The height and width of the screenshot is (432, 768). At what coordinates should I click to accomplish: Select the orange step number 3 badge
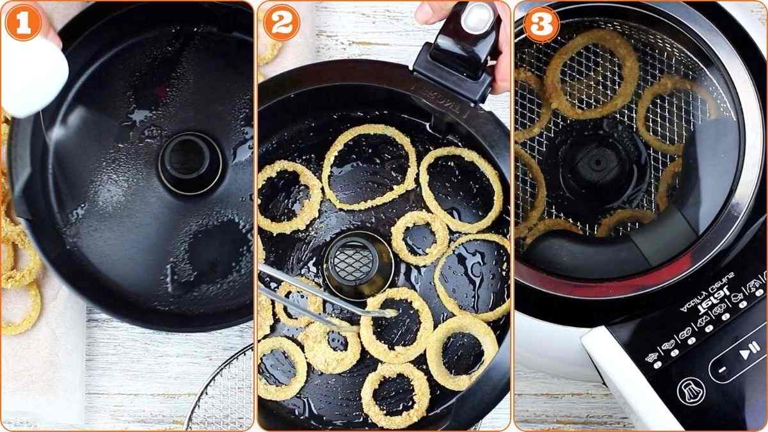[x=541, y=24]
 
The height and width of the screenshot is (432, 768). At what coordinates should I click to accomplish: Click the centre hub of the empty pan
[x=190, y=163]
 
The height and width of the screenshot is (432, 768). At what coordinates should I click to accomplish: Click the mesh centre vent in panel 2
[x=358, y=263]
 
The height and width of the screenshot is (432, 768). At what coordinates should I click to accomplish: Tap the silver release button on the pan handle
[x=476, y=17]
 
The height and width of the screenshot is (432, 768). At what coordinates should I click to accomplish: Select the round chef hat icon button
[x=691, y=391]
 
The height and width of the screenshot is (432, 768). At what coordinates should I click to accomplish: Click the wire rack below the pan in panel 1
[x=224, y=394]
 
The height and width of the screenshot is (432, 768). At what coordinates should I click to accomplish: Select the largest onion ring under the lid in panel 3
[x=591, y=74]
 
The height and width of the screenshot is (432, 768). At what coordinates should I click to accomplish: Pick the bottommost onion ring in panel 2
[x=395, y=396]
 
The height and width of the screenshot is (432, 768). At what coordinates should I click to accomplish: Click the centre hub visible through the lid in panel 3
[x=598, y=163]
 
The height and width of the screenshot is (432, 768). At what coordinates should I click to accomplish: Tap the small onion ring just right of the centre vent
[x=420, y=237]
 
